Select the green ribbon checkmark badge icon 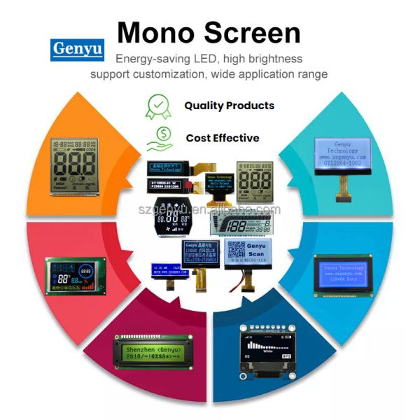(x=158, y=106)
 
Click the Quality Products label (x=229, y=106)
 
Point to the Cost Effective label (x=223, y=138)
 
